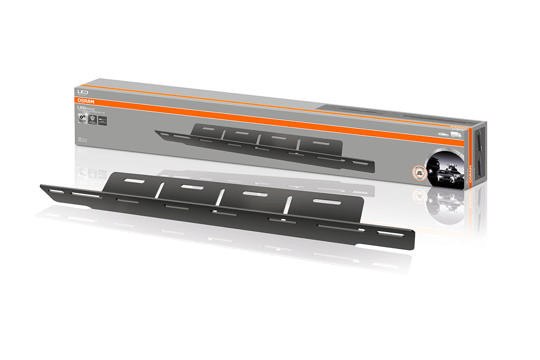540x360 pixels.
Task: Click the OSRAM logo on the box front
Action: pyautogui.click(x=85, y=102)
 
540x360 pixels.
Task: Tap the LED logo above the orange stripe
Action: pyautogui.click(x=83, y=92)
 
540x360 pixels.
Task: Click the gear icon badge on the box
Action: pyautogui.click(x=82, y=118)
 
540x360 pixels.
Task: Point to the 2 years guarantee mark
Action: pyautogui.click(x=81, y=140)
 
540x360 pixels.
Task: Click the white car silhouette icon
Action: pyautogui.click(x=443, y=134)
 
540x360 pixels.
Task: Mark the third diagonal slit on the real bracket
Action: pyautogui.click(x=287, y=205)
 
